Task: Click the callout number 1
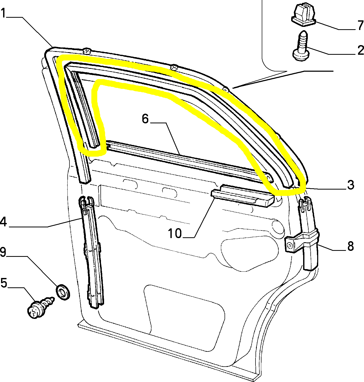pyautogui.click(x=3, y=13)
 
